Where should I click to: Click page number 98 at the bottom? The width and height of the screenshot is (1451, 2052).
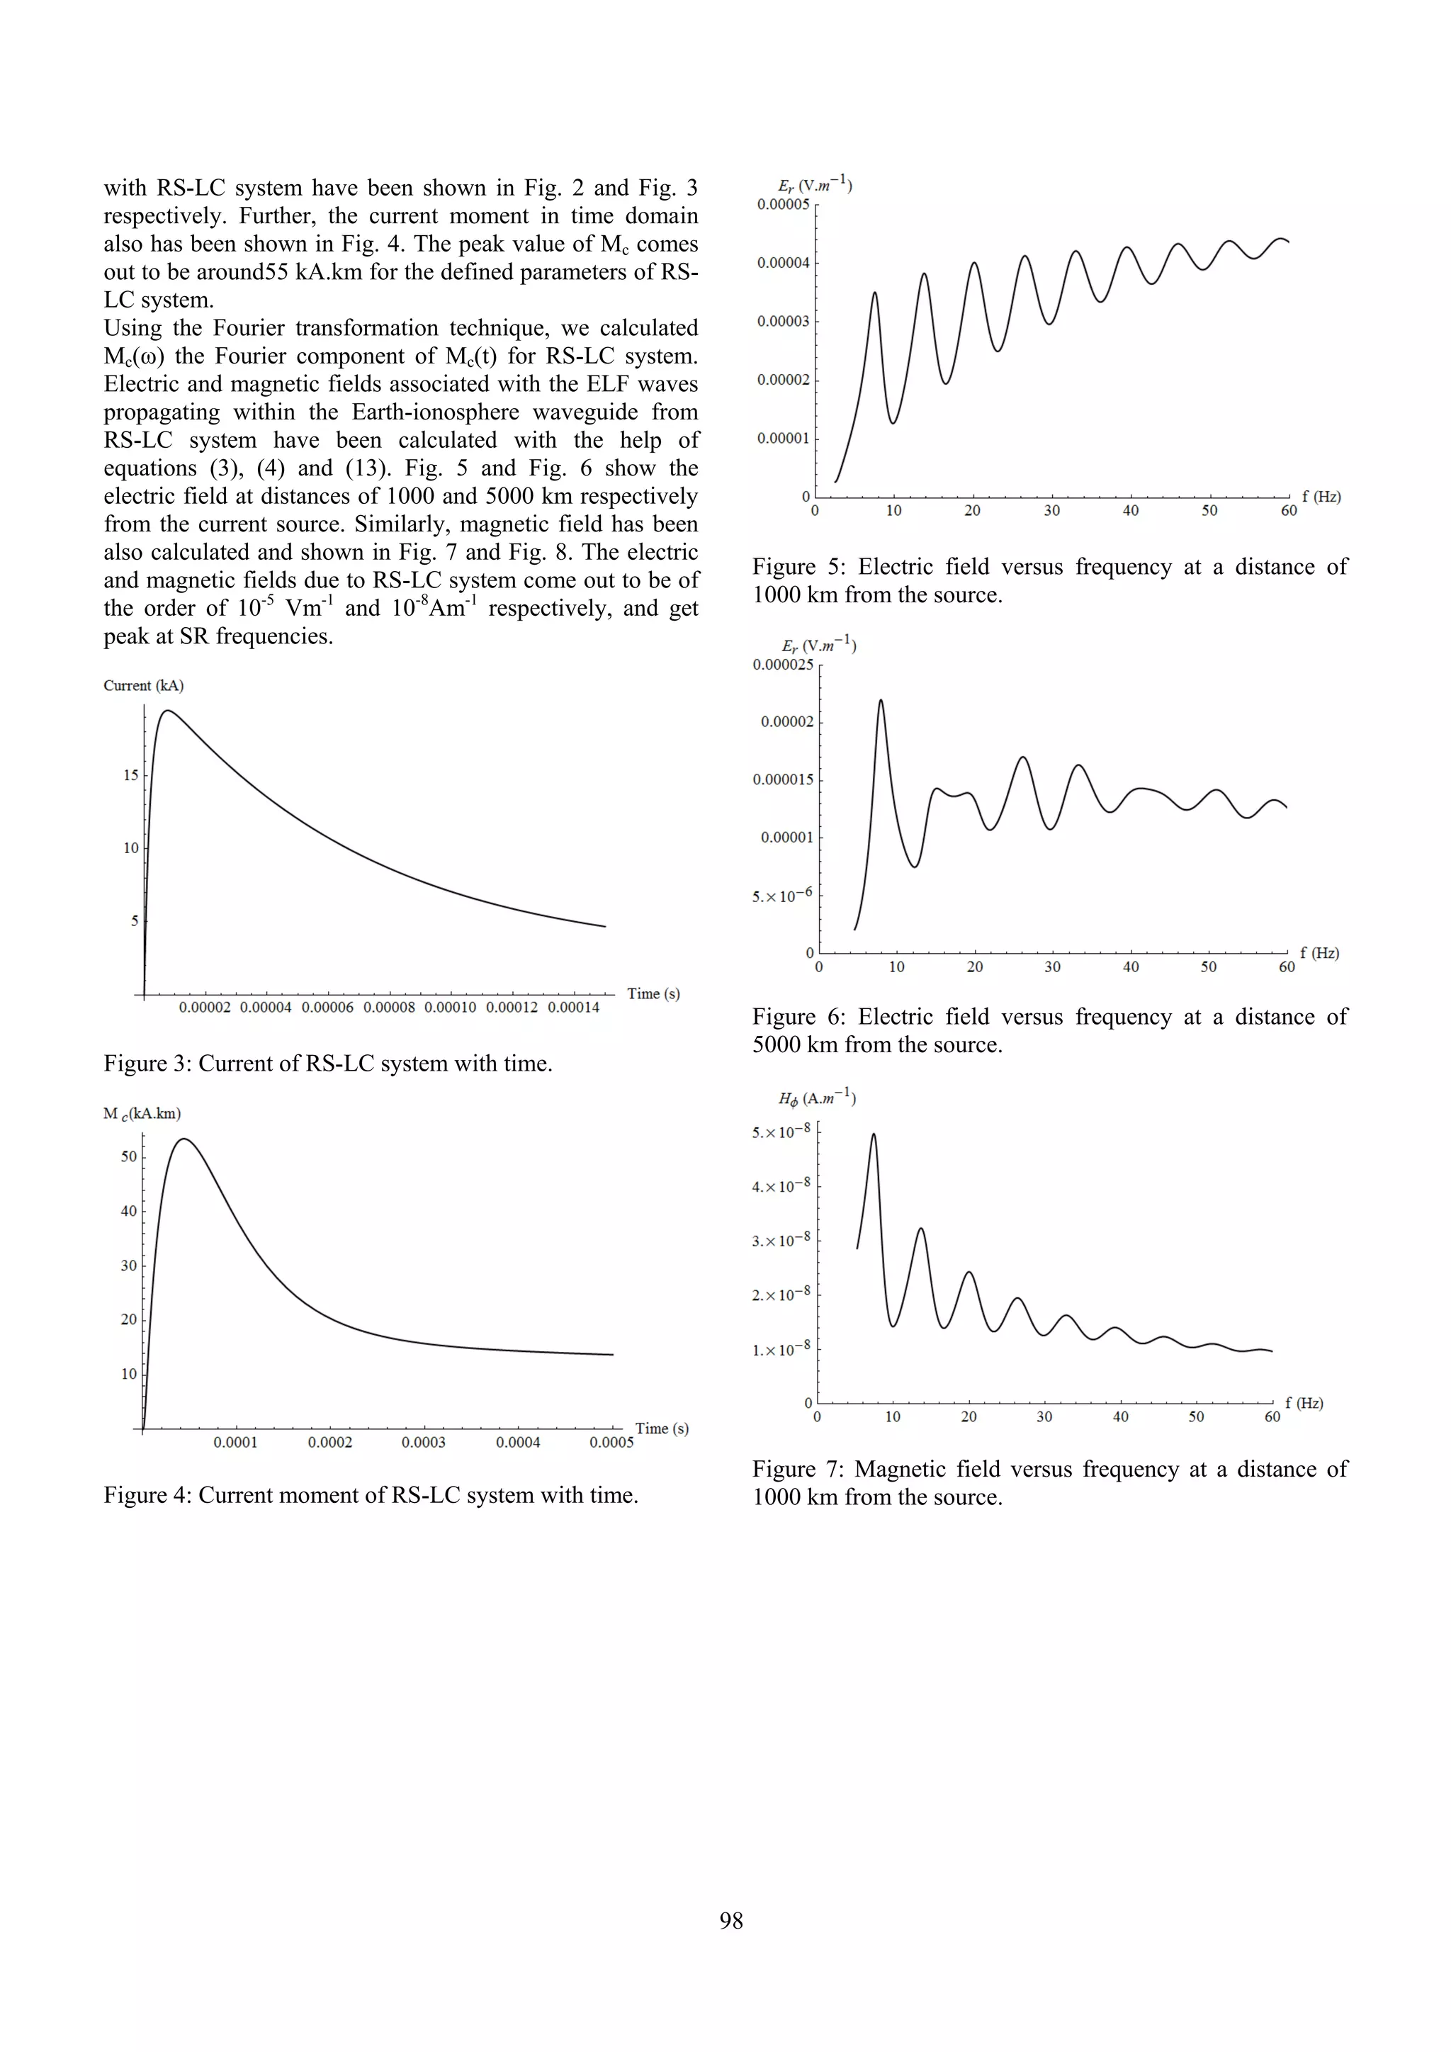[x=731, y=1921]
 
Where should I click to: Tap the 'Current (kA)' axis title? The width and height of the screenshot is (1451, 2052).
[x=143, y=685]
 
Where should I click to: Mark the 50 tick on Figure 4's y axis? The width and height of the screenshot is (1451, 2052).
[x=129, y=1156]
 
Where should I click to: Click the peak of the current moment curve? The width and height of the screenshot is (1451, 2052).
[x=184, y=1139]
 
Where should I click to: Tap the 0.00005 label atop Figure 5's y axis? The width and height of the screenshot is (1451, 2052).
[x=783, y=205]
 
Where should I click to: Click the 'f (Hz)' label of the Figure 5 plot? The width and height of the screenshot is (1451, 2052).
[x=1321, y=497]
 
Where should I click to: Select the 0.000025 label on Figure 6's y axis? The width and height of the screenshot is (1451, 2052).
[x=783, y=665]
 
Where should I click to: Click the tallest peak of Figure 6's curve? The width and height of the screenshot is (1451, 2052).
[x=881, y=700]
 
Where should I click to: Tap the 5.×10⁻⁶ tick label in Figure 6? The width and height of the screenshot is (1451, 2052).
[x=783, y=896]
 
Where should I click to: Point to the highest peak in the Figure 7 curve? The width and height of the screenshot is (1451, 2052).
[x=873, y=1134]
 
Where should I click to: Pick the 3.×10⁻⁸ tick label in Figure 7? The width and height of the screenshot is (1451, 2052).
[x=781, y=1241]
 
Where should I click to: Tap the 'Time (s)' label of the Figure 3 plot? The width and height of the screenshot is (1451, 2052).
[x=653, y=994]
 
